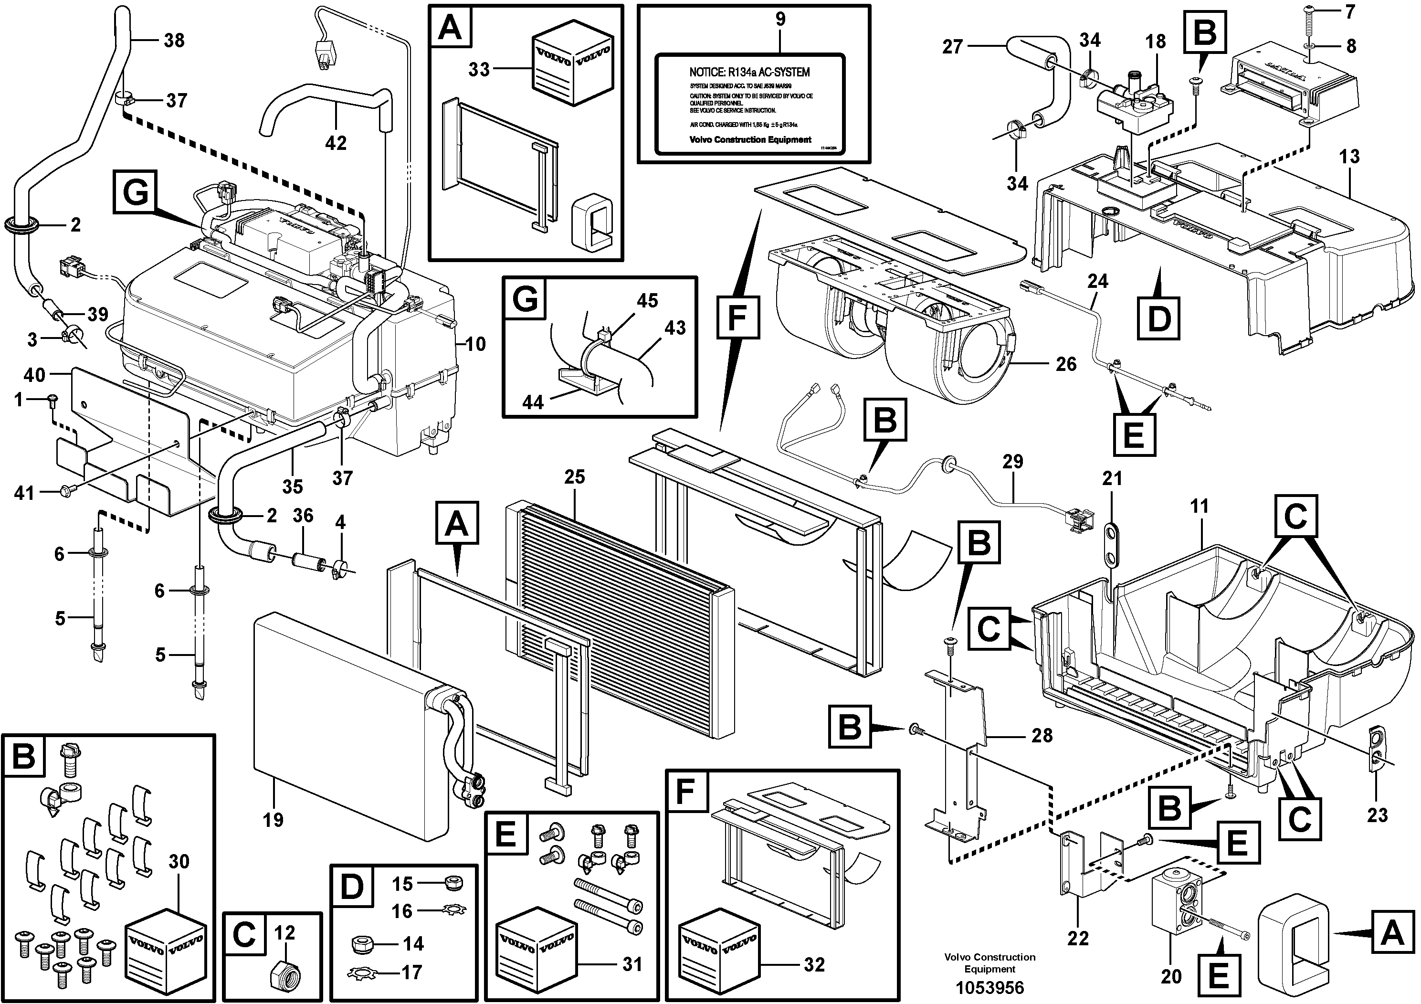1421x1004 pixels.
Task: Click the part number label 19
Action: pyautogui.click(x=273, y=820)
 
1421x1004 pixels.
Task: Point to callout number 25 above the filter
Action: pyautogui.click(x=574, y=476)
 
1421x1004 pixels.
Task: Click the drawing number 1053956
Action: pyautogui.click(x=989, y=987)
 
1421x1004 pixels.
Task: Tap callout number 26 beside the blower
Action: pyautogui.click(x=1066, y=363)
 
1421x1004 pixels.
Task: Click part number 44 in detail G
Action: pyautogui.click(x=532, y=402)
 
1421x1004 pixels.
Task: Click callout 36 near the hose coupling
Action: pyautogui.click(x=303, y=515)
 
